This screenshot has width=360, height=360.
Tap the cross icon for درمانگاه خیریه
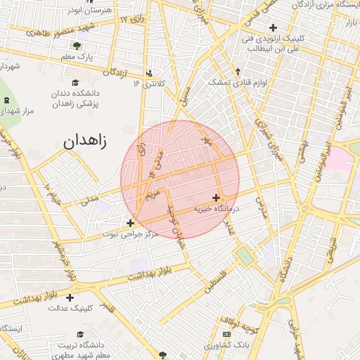(x=215, y=198)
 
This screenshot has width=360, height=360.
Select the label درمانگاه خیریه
(x=216, y=209)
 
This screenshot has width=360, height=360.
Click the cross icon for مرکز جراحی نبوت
(x=130, y=223)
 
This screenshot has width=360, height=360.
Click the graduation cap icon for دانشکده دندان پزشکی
(x=75, y=82)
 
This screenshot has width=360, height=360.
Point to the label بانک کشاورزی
(x=226, y=345)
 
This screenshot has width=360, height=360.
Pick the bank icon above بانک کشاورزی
(x=226, y=334)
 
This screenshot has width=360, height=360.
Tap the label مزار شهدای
(x=18, y=111)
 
